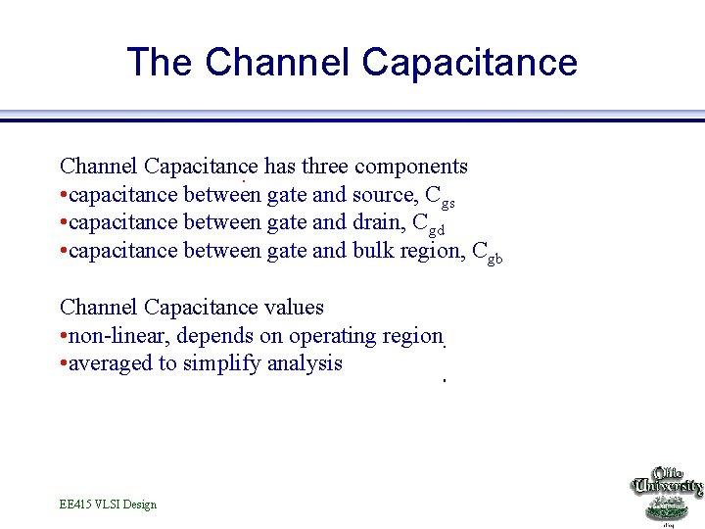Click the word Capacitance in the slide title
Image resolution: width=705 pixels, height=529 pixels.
pos(469,62)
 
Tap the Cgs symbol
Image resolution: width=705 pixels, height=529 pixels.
pos(440,197)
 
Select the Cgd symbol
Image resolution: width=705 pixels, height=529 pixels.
pos(429,224)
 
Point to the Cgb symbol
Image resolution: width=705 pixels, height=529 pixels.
pos(488,253)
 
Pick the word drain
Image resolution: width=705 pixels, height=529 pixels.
pos(377,222)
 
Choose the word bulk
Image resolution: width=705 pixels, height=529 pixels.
pos(374,250)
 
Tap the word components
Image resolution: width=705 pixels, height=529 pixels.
pos(414,167)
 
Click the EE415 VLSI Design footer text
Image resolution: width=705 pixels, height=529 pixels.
pos(108,505)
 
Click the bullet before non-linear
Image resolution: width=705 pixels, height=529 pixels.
pos(63,336)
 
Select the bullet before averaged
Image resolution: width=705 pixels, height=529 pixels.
pos(63,364)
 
